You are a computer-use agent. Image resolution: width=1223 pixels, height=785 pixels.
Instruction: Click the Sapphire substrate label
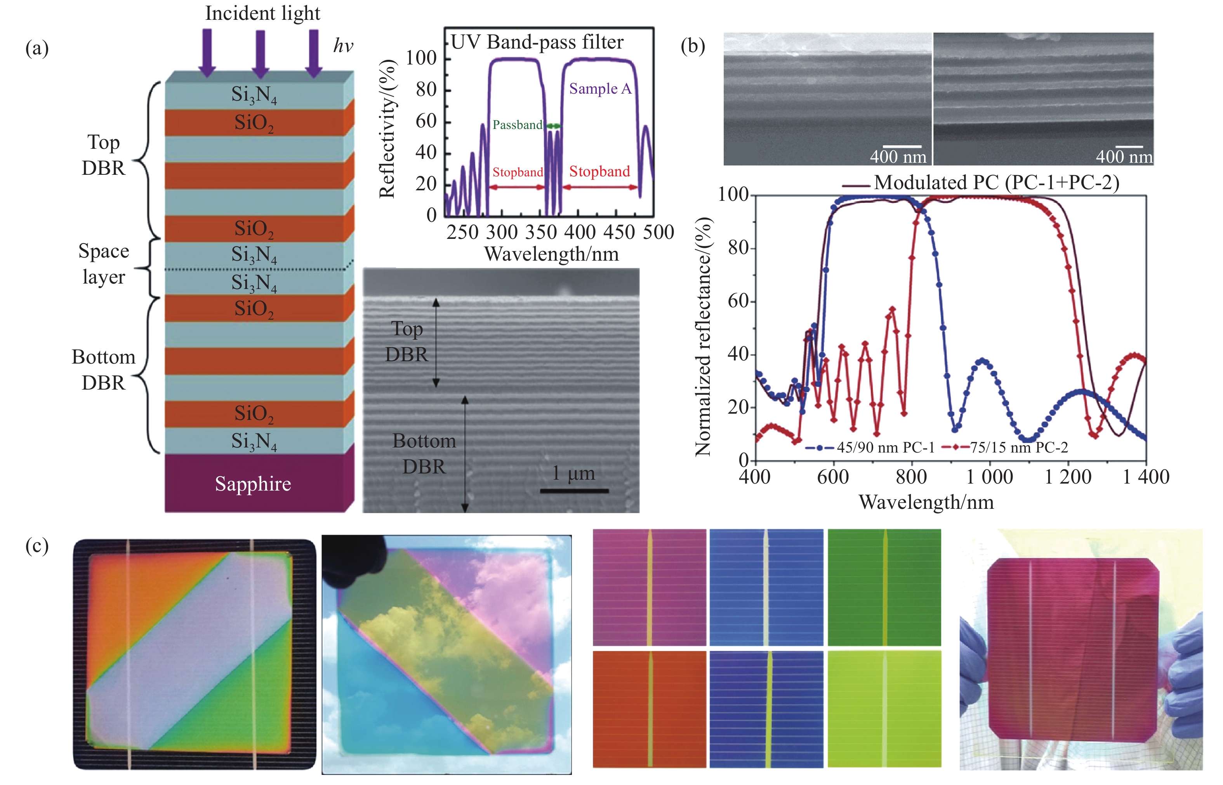[x=253, y=484]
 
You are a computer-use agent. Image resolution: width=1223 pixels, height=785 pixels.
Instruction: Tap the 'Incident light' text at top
[x=262, y=13]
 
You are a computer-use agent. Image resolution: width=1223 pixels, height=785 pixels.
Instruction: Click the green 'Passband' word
[x=517, y=125]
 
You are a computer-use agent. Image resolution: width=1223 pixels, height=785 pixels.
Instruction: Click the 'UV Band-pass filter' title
[x=537, y=42]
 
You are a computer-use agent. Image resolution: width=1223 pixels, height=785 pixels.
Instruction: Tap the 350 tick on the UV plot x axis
[x=540, y=232]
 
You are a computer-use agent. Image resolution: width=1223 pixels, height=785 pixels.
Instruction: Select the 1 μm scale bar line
[x=574, y=491]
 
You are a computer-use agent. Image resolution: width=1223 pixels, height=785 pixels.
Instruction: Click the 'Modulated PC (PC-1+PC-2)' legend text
[x=996, y=183]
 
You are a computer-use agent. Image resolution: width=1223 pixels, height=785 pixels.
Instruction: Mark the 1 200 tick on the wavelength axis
[x=1068, y=477]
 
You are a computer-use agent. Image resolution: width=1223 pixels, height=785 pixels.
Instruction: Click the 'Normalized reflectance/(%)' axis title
[x=704, y=336]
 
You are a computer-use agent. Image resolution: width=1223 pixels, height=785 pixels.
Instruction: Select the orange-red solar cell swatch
[x=650, y=708]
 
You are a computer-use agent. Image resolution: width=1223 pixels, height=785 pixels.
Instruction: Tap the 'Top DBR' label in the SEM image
[x=407, y=341]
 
